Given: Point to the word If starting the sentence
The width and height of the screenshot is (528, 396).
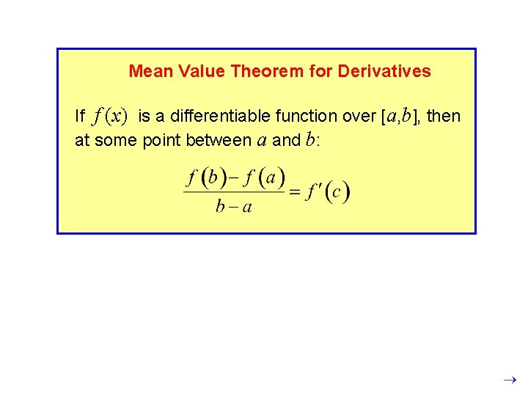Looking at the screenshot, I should tap(80, 116).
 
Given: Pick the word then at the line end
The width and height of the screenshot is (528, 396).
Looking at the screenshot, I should tap(444, 116).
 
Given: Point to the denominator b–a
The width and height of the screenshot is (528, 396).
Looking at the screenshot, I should tap(234, 207).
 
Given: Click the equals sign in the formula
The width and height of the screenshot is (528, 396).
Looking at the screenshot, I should tap(295, 193).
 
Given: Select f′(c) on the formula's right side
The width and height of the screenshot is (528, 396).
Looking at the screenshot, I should tap(329, 192).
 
